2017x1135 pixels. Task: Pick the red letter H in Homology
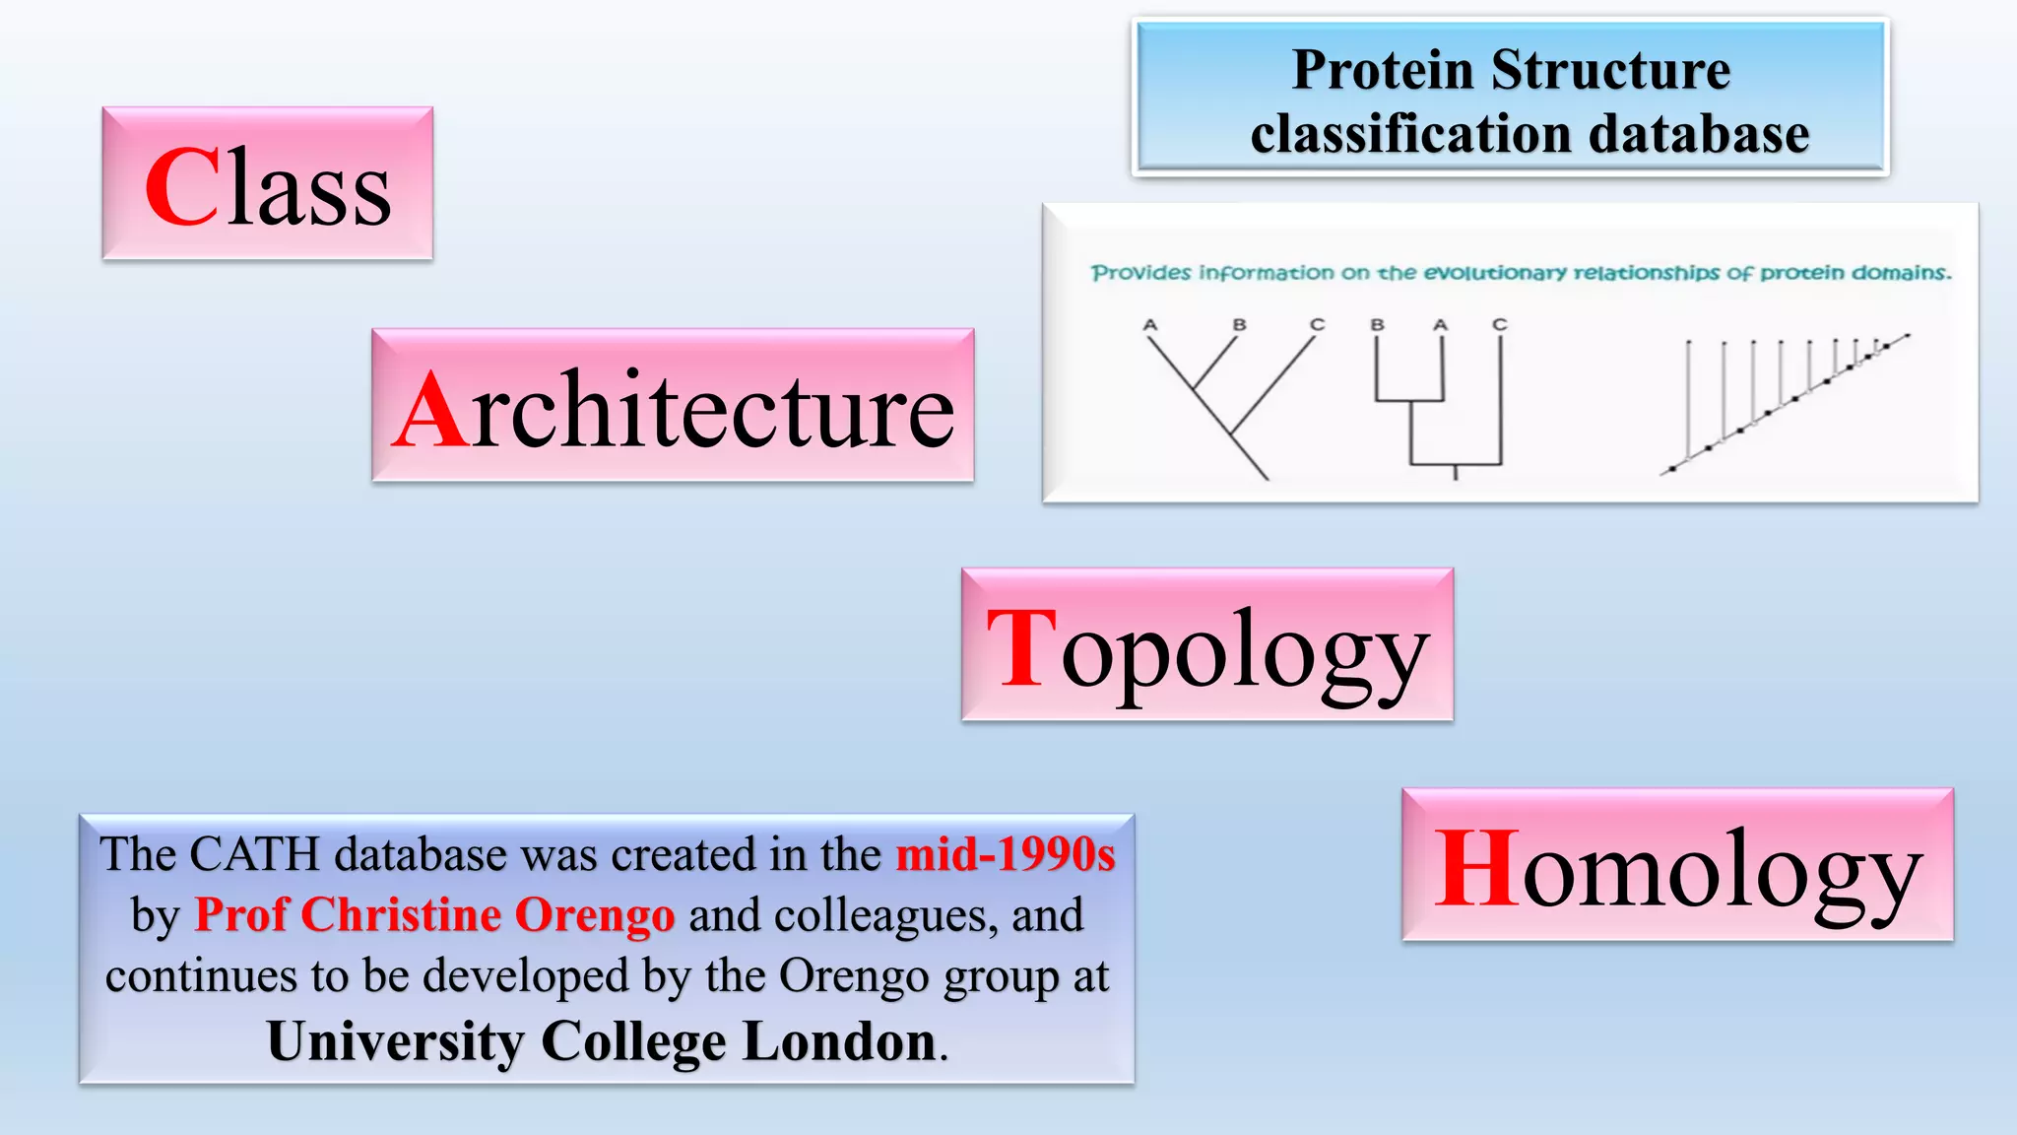click(1476, 868)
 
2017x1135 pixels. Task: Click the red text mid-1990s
click(1005, 854)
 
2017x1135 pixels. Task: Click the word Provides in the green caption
click(1140, 273)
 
